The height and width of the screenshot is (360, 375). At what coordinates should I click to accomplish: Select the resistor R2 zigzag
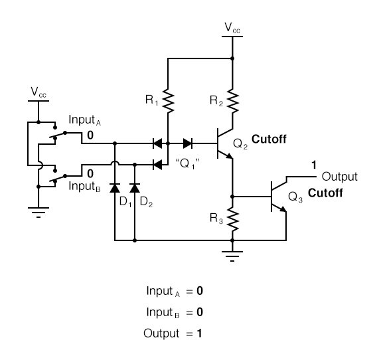pos(232,100)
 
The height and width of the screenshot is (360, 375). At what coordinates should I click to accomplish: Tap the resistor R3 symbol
pos(232,218)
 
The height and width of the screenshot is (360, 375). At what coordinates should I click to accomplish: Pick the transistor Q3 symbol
pos(278,197)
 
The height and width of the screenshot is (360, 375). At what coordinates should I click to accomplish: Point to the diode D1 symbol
pos(115,188)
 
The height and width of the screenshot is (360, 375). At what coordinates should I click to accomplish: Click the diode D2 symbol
pos(135,188)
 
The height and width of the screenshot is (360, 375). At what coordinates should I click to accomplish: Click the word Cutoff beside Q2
pos(269,139)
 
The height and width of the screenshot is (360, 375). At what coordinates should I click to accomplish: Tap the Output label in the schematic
pos(339,177)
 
